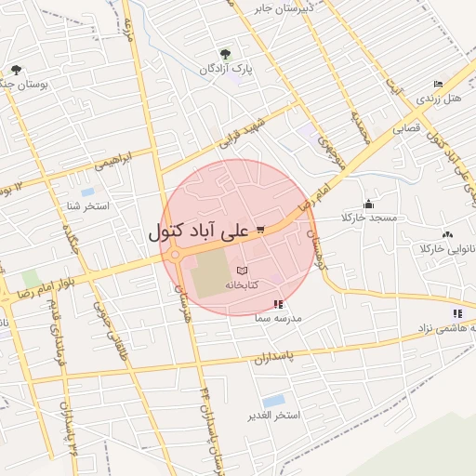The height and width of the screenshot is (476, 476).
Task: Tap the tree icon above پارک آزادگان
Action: (226, 54)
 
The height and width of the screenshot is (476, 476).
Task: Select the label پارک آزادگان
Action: (226, 70)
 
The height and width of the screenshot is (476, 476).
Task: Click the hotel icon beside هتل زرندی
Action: (439, 84)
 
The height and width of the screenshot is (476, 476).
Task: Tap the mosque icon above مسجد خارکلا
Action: (368, 204)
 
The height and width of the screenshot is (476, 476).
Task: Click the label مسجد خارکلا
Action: (369, 218)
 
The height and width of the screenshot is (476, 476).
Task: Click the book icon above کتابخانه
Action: (243, 270)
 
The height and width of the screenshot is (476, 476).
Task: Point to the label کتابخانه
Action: (265, 284)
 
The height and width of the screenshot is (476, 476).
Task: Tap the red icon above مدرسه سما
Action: (277, 304)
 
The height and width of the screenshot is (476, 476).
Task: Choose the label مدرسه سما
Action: (278, 318)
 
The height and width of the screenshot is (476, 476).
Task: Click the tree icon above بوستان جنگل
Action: (15, 70)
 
